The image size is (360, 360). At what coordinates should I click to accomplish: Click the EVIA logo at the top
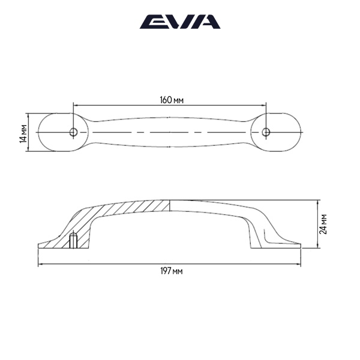pyautogui.click(x=180, y=22)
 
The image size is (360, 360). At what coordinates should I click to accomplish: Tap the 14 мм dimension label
pyautogui.click(x=23, y=133)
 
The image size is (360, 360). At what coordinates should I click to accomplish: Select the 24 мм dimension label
pyautogui.click(x=323, y=223)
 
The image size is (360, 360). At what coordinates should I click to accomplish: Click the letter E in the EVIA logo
pyautogui.click(x=151, y=22)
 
